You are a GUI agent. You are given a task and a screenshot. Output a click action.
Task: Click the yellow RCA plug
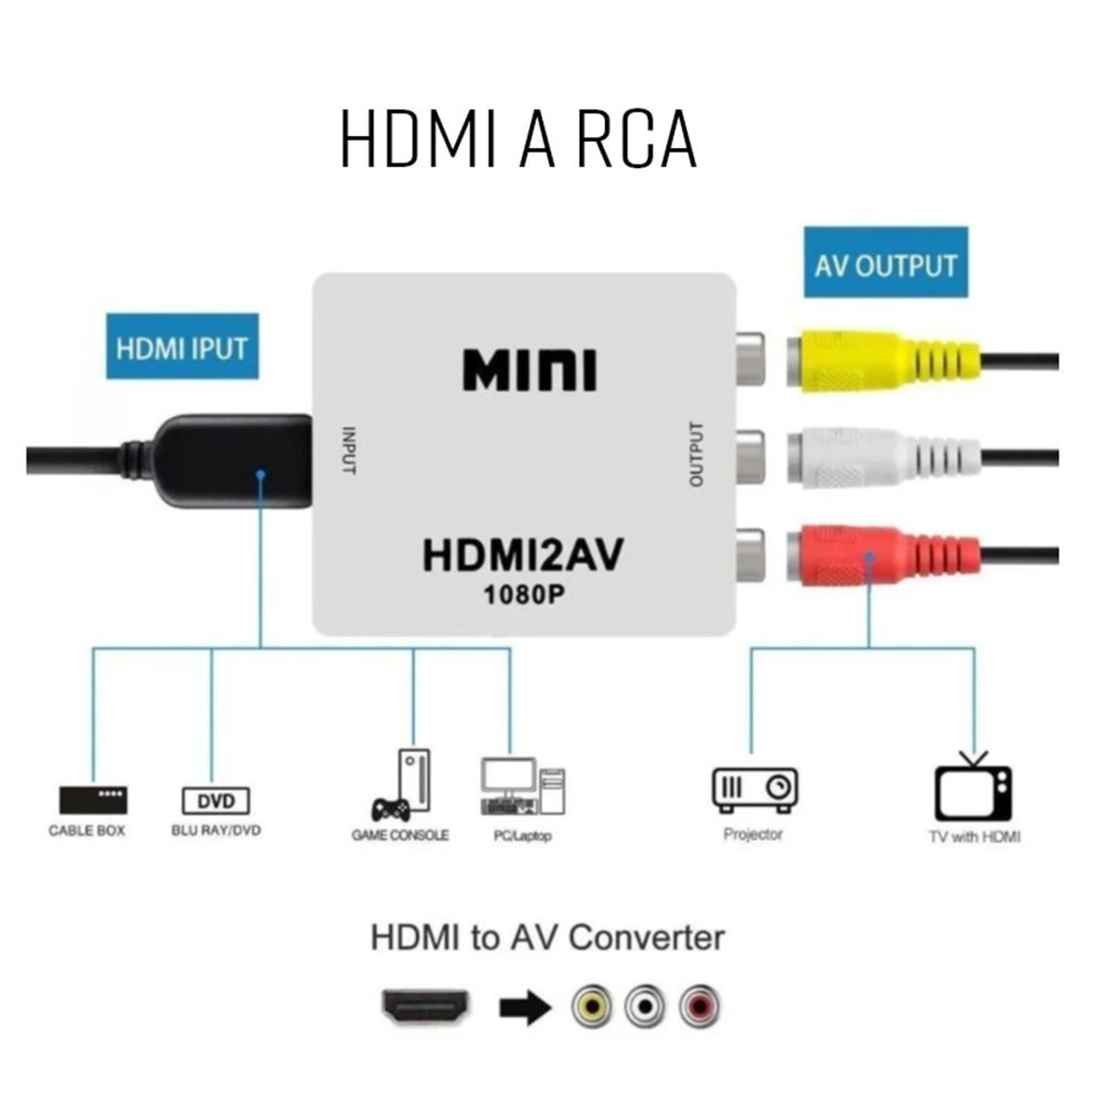[873, 361]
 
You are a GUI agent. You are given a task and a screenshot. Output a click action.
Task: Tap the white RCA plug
[873, 457]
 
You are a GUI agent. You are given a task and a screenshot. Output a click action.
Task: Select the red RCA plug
[873, 554]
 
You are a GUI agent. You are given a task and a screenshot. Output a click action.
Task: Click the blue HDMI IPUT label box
[182, 347]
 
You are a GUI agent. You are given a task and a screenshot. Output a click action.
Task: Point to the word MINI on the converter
[529, 370]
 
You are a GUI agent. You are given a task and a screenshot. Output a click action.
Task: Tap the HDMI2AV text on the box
[523, 554]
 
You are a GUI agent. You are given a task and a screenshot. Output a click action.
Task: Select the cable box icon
[93, 800]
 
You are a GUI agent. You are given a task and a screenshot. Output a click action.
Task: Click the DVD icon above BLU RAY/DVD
[216, 801]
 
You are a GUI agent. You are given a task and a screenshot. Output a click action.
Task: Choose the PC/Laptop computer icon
[522, 787]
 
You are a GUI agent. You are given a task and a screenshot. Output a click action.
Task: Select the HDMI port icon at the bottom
[426, 1007]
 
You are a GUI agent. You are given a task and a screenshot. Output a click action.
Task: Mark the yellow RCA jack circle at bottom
[592, 1007]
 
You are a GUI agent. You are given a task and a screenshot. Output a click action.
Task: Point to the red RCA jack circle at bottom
[700, 1007]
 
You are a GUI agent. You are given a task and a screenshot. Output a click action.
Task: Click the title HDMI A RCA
[518, 140]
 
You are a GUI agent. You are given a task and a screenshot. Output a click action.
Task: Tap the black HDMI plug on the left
[234, 460]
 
